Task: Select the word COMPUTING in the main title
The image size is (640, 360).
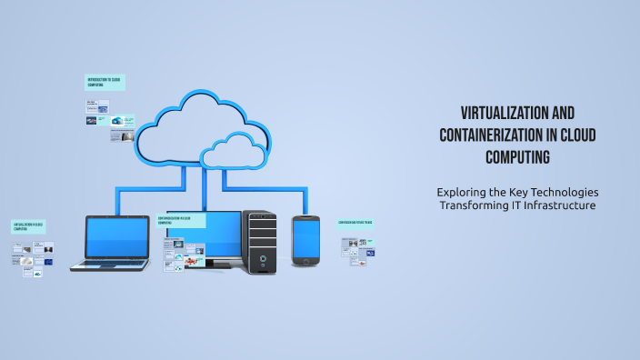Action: tap(517, 157)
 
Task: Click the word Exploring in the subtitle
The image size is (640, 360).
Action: tap(462, 192)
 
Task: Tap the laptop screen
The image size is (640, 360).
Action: tap(116, 237)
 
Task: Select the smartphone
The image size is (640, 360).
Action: tap(305, 241)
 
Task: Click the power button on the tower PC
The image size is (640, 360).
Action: tap(262, 258)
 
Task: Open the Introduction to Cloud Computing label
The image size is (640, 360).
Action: tap(104, 83)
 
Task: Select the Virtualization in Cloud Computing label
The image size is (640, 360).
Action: tap(27, 225)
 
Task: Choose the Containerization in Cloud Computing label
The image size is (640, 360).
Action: tap(180, 220)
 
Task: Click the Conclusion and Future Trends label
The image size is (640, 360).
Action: tap(355, 222)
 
